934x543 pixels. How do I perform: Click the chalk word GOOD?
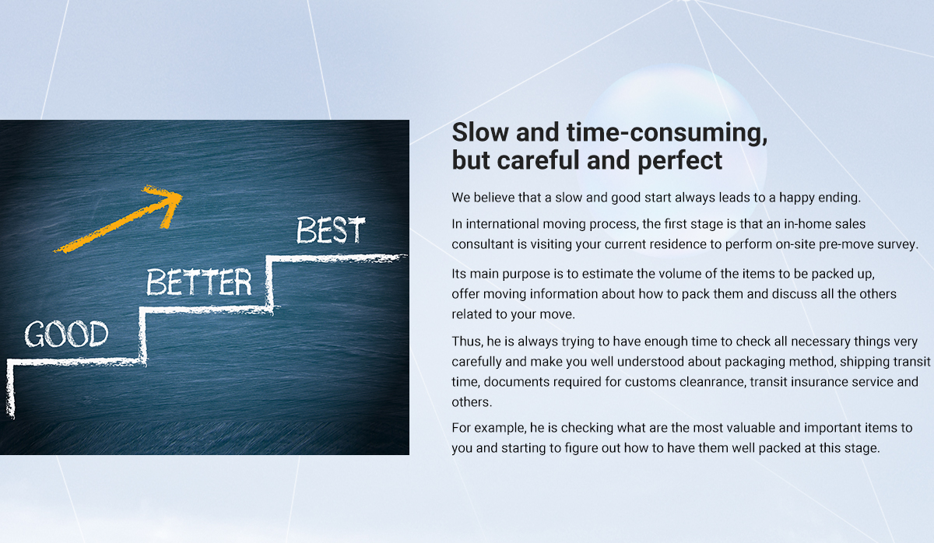click(x=66, y=334)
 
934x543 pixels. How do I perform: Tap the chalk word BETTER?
click(x=199, y=282)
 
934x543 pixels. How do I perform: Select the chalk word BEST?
click(x=331, y=229)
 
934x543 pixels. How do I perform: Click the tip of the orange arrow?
click(x=182, y=194)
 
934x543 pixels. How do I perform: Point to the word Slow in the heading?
click(x=480, y=132)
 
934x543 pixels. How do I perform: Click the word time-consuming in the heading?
click(x=667, y=133)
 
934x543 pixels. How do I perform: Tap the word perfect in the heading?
click(x=680, y=161)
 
